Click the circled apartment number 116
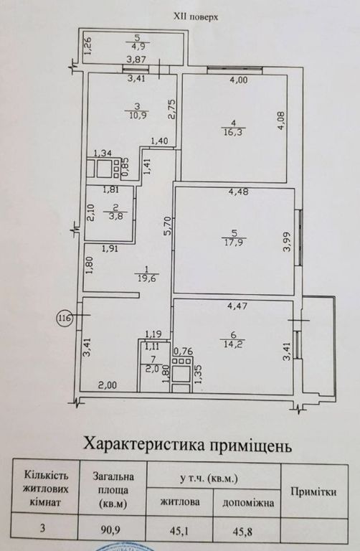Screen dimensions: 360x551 click(65, 319)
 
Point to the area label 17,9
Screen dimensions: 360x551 click(234, 242)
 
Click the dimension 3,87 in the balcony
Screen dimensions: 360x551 click(137, 60)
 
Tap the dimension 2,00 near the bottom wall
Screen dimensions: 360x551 click(107, 385)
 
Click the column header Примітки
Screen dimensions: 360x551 click(313, 492)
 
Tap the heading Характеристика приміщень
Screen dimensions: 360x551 click(187, 445)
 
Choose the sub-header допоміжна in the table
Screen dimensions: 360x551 click(248, 503)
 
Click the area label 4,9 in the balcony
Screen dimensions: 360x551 click(137, 46)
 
